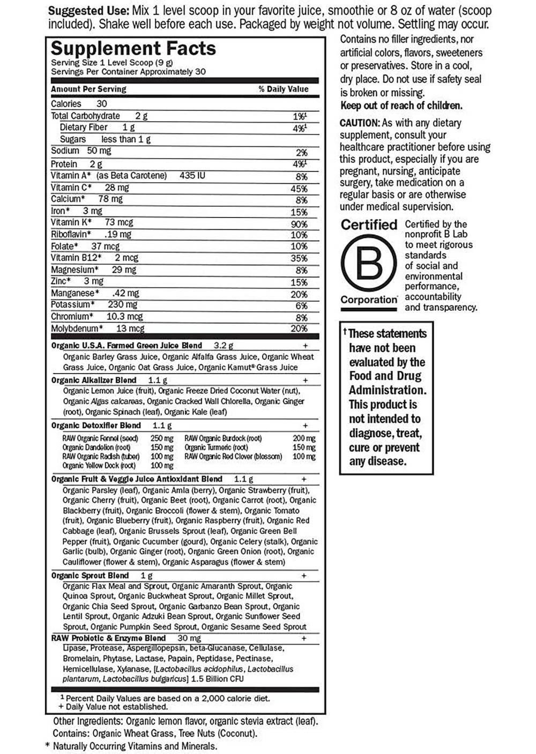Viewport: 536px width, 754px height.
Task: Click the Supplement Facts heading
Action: [133, 49]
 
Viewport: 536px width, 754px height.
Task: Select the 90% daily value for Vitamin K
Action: [299, 224]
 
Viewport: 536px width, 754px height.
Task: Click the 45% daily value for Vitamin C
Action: [299, 189]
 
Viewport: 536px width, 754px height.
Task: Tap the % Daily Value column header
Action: [284, 89]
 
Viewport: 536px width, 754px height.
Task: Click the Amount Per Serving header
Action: [88, 89]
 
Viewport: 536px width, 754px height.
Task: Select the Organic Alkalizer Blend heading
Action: [94, 380]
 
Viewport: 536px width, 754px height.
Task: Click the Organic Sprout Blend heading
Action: [90, 576]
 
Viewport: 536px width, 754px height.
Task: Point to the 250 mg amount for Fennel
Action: [162, 438]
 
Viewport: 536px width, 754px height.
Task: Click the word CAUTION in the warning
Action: [359, 123]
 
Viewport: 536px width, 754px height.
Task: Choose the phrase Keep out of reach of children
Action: [401, 106]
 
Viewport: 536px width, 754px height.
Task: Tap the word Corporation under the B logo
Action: [369, 300]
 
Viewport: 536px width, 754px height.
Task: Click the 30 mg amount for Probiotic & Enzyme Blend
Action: [189, 638]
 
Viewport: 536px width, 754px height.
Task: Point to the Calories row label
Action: [66, 104]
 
